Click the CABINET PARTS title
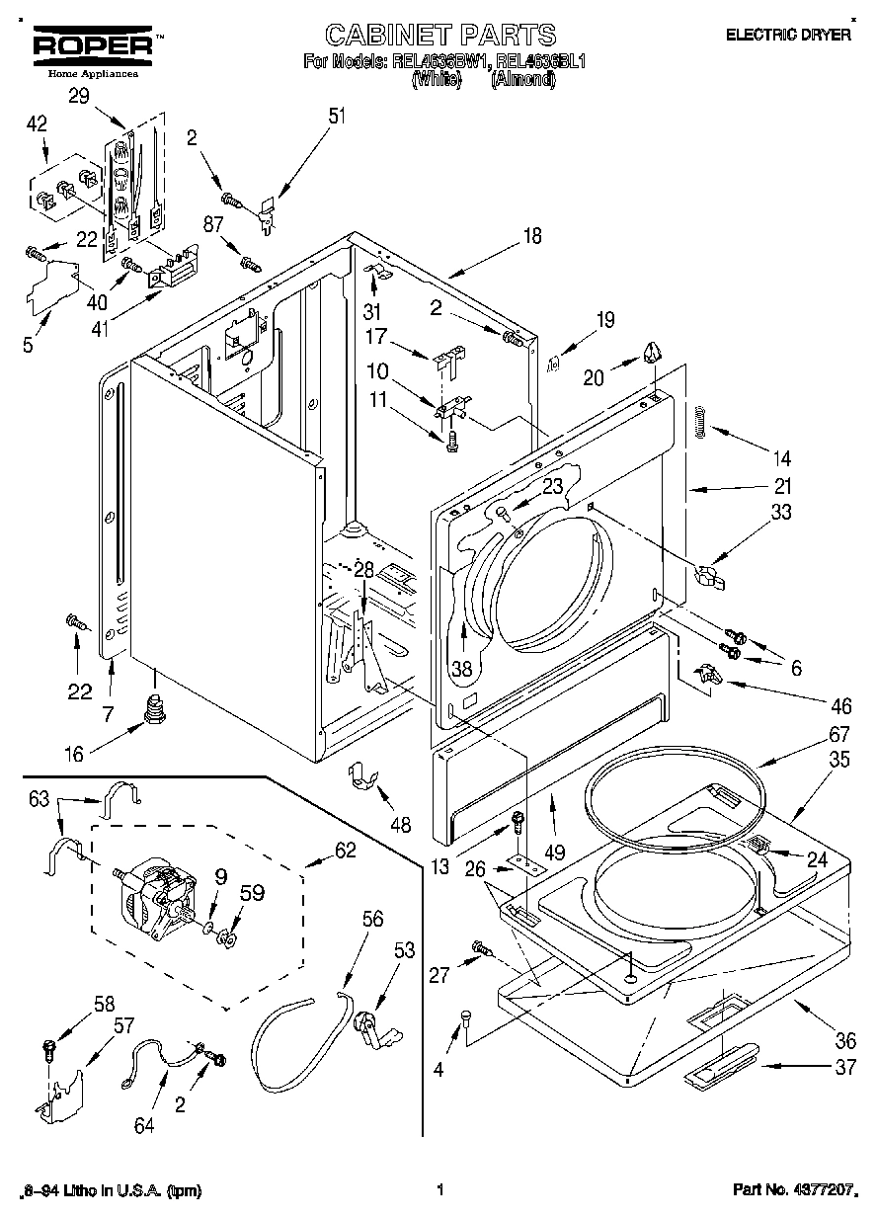click(439, 35)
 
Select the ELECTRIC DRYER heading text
click(788, 35)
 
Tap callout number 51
click(338, 116)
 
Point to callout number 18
click(532, 236)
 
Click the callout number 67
click(811, 735)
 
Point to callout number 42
click(37, 124)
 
